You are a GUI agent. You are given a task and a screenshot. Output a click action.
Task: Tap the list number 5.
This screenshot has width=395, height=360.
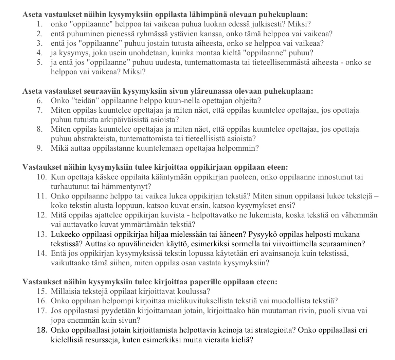click(x=40, y=63)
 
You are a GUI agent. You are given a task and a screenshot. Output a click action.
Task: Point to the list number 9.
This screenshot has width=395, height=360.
click(x=40, y=148)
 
